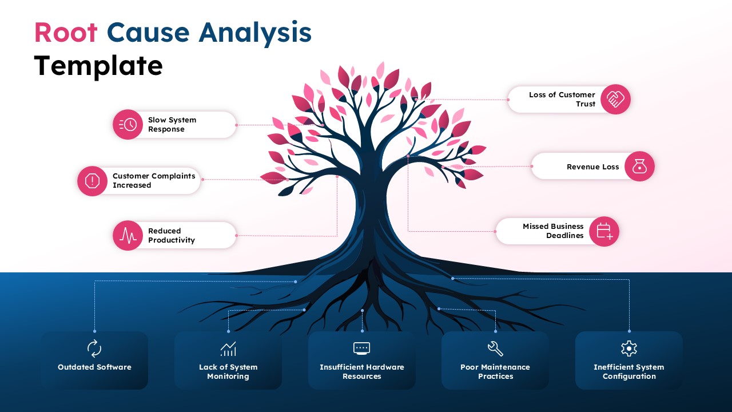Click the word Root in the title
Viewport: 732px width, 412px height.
[66, 33]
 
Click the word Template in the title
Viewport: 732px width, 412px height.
[98, 66]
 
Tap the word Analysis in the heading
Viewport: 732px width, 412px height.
[255, 33]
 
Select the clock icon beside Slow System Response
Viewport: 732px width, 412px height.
[128, 125]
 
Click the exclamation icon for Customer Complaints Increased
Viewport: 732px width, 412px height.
[92, 181]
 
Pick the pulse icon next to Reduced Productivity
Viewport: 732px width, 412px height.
[128, 236]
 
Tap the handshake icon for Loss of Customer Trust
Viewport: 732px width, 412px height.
[615, 100]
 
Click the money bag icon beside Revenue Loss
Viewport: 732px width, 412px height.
[639, 167]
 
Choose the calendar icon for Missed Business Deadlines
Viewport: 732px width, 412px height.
[604, 231]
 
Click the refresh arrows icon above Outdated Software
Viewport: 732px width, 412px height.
[94, 348]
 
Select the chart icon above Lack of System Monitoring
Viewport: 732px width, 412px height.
[228, 348]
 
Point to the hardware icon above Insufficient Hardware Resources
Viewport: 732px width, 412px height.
[362, 348]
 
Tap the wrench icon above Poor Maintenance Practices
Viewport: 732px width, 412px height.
[495, 348]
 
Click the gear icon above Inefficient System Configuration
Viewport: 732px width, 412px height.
[629, 348]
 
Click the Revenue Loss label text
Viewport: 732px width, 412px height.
[592, 167]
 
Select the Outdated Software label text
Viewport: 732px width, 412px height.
[94, 367]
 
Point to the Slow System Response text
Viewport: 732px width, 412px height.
[172, 125]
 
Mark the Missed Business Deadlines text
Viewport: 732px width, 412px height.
[553, 231]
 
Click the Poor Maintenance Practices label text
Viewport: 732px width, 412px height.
[495, 372]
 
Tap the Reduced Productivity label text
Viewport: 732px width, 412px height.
[171, 236]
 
